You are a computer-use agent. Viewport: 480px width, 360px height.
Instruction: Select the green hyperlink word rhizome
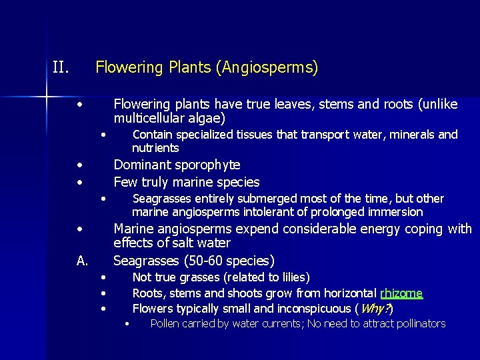pos(401,293)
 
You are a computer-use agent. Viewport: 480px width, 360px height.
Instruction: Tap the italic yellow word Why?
pos(375,309)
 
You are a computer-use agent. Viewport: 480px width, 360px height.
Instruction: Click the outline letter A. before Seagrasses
pos(82,261)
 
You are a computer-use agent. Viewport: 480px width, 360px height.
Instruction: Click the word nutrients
pos(155,148)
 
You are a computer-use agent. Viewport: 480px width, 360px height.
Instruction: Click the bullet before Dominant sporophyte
pos(79,165)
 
